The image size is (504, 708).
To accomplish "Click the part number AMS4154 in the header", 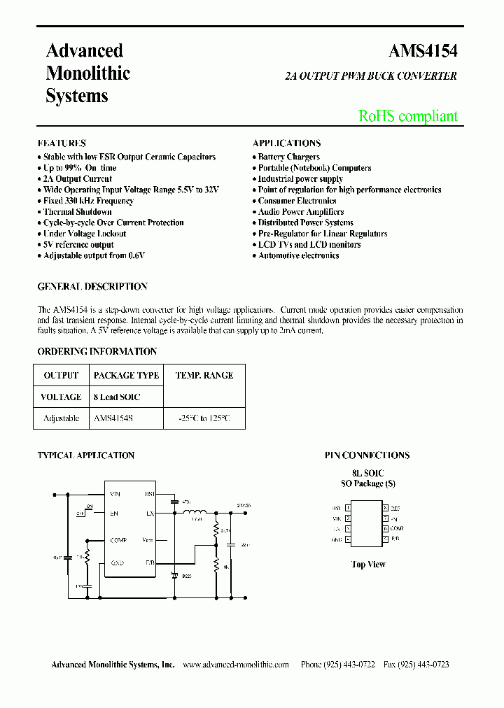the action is [423, 52].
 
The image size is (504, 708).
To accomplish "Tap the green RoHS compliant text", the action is [408, 116].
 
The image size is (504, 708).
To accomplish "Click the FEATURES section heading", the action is [62, 143].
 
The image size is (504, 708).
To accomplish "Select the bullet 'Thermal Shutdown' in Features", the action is [77, 212].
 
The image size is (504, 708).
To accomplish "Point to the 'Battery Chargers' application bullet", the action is [288, 157].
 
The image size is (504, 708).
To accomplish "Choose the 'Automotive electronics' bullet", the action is [298, 256].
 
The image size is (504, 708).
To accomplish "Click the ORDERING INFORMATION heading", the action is [97, 352].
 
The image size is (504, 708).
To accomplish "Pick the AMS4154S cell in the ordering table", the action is [113, 418].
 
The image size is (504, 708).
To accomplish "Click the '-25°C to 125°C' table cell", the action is [203, 418].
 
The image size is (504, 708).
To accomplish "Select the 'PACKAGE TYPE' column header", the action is [126, 376].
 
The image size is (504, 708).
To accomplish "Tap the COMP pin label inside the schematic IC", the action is [118, 540].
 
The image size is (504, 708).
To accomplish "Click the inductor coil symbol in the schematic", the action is [195, 511].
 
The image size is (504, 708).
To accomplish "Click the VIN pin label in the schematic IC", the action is [115, 494].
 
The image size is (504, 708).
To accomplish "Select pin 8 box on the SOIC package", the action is [385, 508].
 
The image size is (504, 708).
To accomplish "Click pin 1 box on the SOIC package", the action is [348, 508].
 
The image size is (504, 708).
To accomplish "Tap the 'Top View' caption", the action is [368, 565].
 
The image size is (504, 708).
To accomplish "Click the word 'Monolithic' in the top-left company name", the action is [88, 73].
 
